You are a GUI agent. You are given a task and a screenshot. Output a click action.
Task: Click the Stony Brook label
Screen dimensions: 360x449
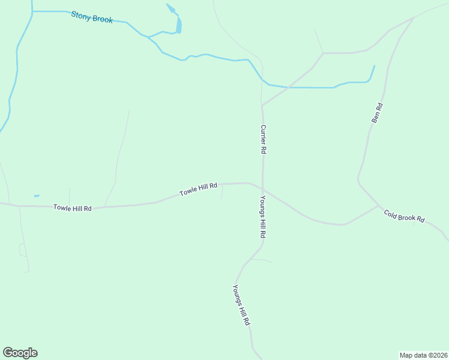(92, 17)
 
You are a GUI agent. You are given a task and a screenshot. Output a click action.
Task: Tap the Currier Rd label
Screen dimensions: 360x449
(263, 139)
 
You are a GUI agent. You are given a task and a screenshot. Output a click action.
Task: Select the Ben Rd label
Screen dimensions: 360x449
(377, 113)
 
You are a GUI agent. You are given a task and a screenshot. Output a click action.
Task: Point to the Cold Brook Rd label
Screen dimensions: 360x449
(405, 216)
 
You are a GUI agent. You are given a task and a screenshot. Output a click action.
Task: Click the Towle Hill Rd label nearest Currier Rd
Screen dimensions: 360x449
(198, 190)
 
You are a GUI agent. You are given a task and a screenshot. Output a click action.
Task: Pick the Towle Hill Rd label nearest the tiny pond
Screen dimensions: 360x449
(72, 208)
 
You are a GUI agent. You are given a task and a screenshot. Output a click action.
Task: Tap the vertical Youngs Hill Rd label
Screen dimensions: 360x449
(263, 217)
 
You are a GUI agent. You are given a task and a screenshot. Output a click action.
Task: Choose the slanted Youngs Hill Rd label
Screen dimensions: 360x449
(241, 305)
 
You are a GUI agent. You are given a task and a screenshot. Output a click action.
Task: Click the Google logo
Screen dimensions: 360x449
(20, 353)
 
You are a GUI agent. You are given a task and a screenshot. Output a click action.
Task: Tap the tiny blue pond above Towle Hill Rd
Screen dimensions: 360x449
(37, 196)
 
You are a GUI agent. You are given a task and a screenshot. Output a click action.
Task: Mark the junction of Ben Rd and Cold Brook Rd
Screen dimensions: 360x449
(378, 206)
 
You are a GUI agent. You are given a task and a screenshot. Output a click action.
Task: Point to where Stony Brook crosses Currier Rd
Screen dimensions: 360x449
(262, 80)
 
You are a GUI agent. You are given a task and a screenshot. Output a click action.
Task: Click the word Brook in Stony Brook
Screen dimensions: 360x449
(103, 19)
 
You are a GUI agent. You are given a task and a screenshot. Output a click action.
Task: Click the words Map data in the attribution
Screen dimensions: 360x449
(413, 355)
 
